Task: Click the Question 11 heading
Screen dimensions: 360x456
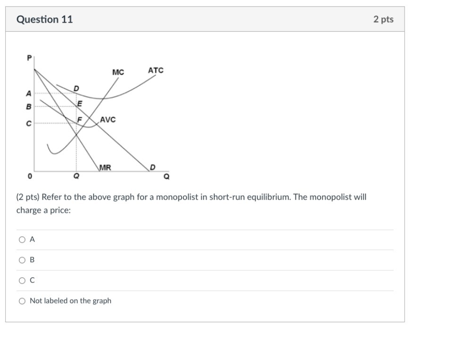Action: [44, 19]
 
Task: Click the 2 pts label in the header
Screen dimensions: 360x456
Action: [383, 19]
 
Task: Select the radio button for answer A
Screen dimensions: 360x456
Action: [22, 240]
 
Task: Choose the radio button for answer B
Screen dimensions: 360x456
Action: [22, 260]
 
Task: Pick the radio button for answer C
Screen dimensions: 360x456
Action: [22, 280]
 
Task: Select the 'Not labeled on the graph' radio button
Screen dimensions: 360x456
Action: [22, 301]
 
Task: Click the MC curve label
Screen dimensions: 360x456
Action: [118, 72]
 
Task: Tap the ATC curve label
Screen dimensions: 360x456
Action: [155, 70]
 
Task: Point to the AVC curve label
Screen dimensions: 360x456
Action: [108, 120]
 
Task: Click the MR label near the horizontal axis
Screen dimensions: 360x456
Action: [105, 167]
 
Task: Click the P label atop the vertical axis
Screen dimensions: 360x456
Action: [29, 58]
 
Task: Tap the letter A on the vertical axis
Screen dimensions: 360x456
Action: [29, 93]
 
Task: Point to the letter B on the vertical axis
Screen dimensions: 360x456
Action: [29, 107]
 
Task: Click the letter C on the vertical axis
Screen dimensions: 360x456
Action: [29, 124]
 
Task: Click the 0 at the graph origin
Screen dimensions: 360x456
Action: [30, 176]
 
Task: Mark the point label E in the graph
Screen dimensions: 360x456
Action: [79, 104]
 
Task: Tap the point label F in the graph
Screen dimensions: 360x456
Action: [80, 120]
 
